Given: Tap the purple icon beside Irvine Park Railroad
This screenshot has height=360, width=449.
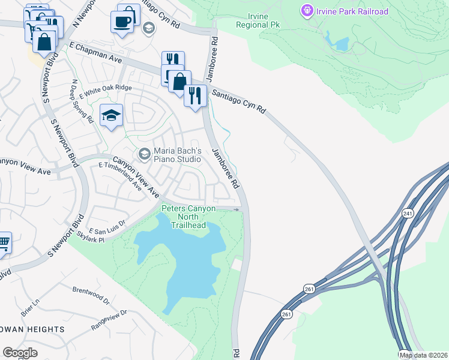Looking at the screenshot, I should pos(307,11).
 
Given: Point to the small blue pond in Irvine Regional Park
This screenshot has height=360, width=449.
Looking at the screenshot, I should pos(342,44).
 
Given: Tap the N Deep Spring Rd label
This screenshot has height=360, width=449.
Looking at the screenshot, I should pos(82,101).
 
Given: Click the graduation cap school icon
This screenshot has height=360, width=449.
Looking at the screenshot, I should pos(112,115).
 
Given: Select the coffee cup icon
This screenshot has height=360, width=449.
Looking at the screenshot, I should pos(122,22).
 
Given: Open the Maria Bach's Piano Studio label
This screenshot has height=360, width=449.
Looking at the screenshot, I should pos(177,154).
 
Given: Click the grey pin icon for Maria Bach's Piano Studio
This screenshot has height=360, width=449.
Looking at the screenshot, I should pos(143,154).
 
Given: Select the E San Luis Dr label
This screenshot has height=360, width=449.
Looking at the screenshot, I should pos(107,227).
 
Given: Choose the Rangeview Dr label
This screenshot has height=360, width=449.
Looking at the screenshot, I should pos(109,319).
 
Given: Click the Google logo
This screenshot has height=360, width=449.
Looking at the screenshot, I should pos(20,353).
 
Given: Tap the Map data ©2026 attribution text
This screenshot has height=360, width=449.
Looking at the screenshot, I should pos(423,355).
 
